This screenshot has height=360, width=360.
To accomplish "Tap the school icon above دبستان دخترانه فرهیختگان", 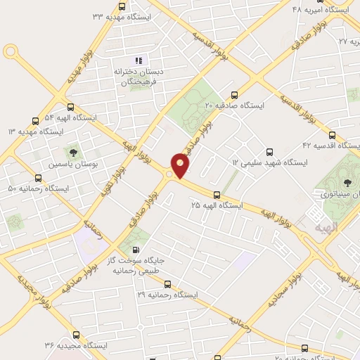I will [x=139, y=60].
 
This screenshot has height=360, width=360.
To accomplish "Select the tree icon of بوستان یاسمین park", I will [x=72, y=151].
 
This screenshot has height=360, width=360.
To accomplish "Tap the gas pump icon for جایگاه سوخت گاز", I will [x=136, y=249].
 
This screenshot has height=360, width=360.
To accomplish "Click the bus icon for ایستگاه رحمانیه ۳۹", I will [x=167, y=284].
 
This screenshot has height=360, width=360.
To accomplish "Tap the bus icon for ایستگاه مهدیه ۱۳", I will [x=35, y=121].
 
